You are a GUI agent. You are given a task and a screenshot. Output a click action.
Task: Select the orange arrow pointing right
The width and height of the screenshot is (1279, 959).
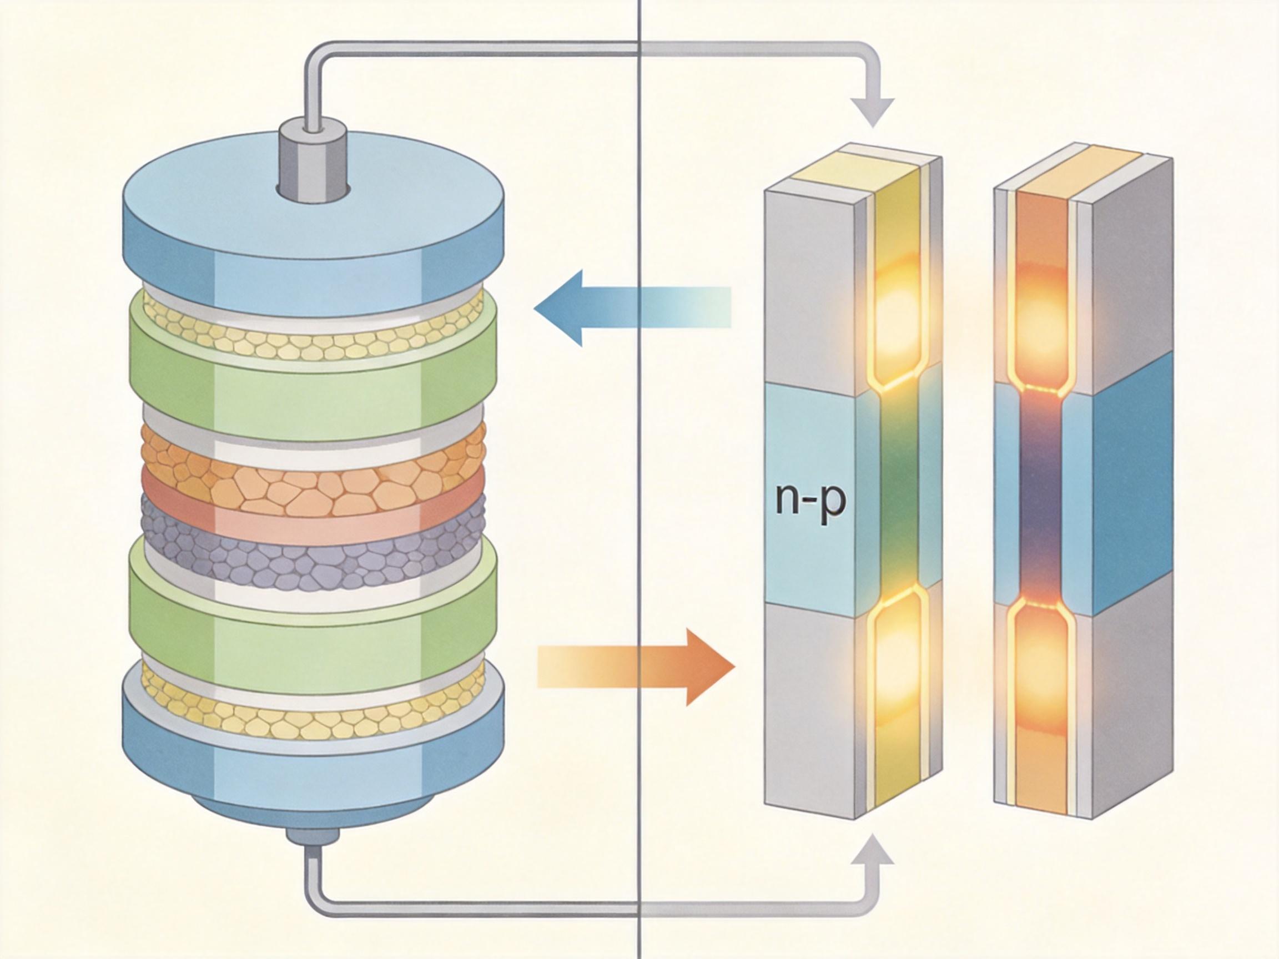636,667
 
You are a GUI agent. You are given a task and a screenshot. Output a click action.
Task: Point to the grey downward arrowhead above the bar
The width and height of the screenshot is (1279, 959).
873,112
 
